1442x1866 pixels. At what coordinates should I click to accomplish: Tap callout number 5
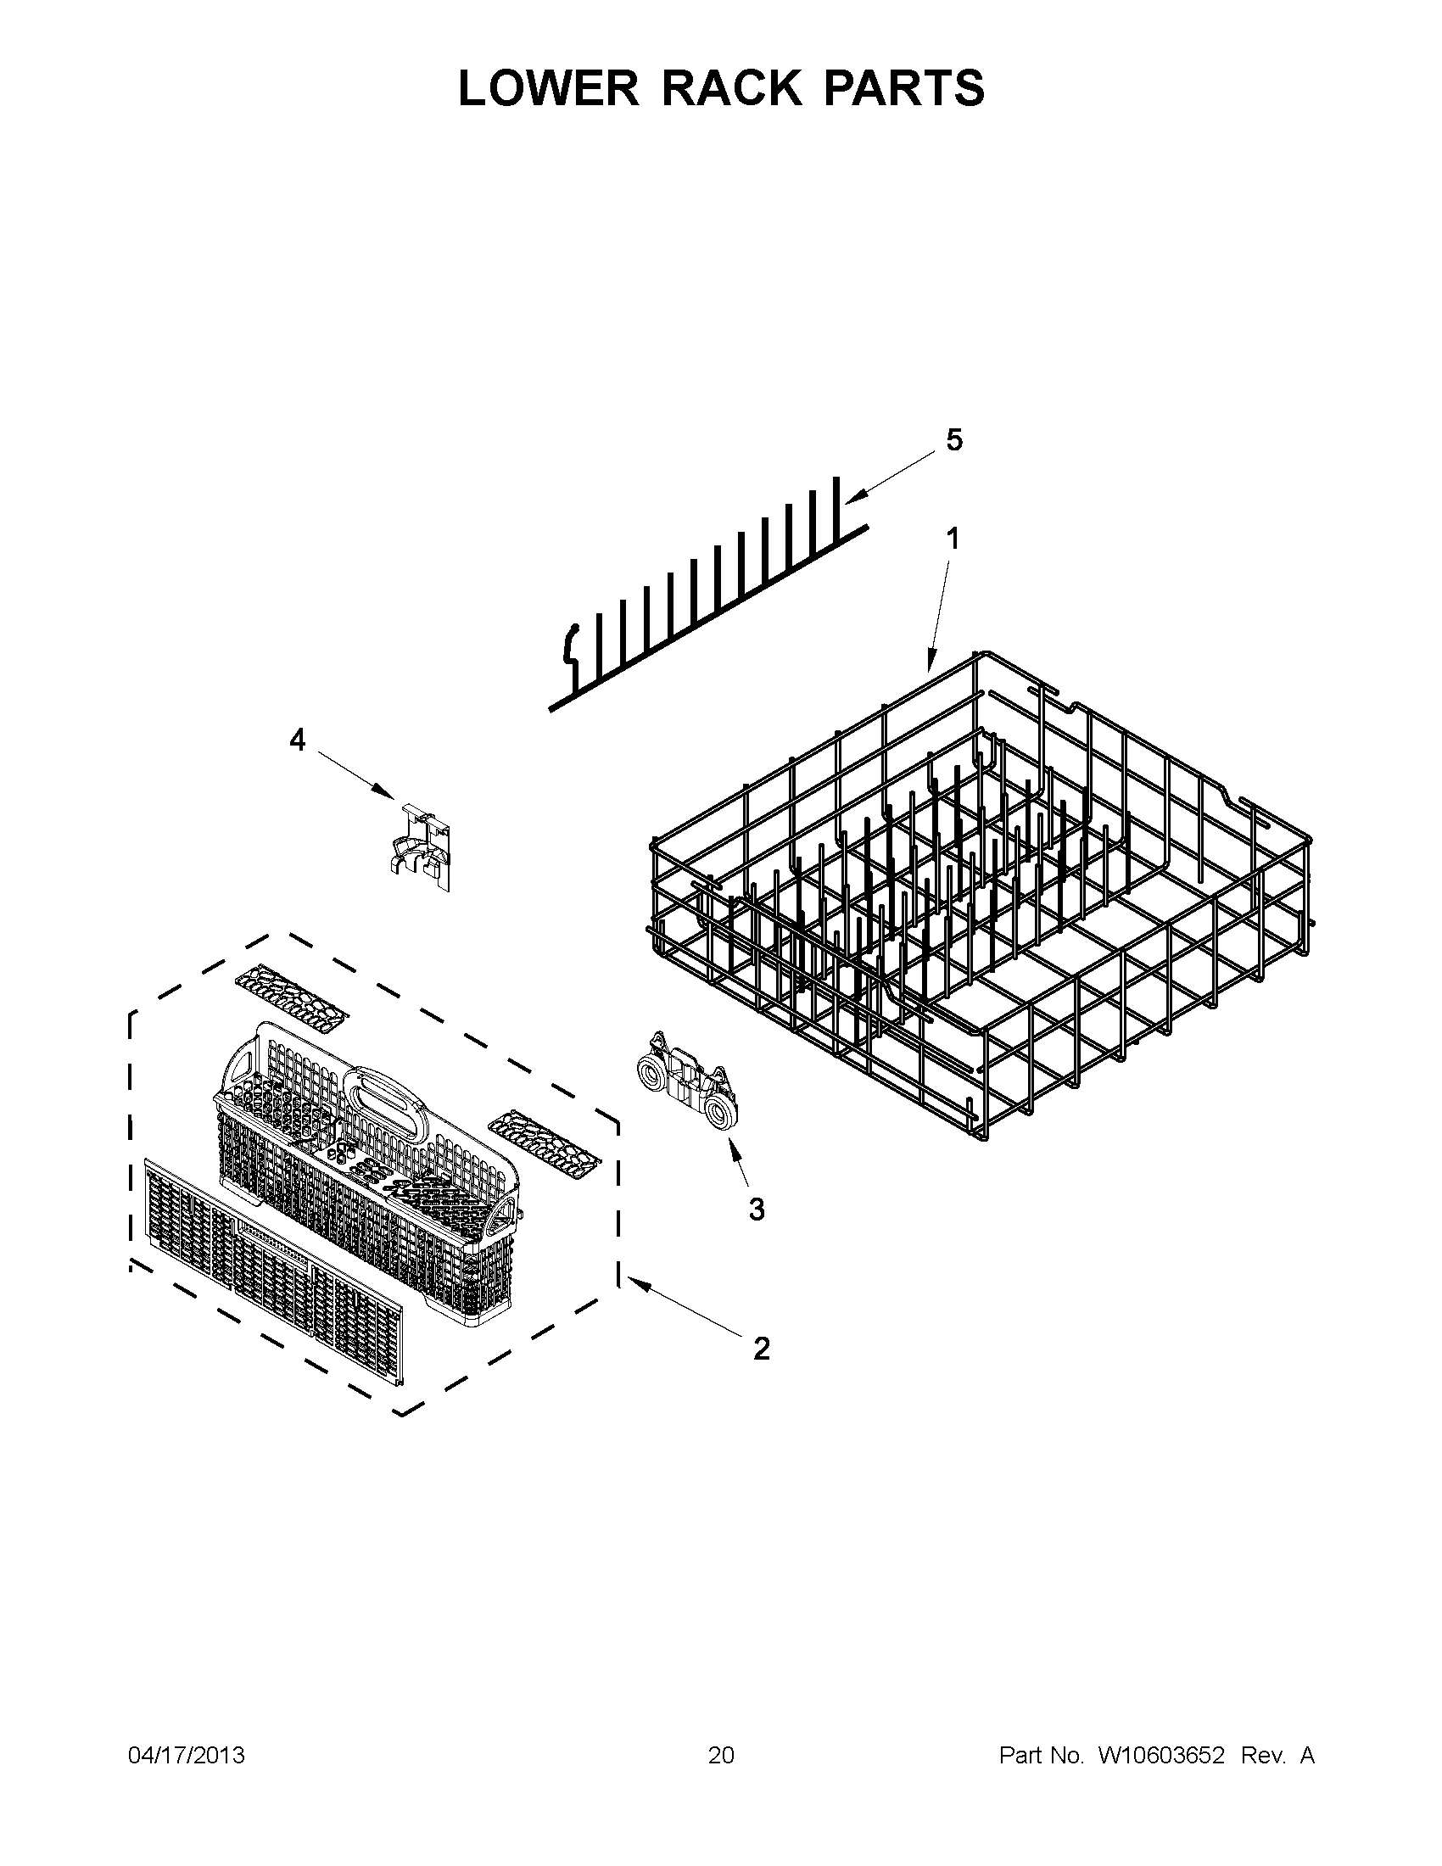click(954, 440)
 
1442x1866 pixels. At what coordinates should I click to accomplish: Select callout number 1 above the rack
click(952, 539)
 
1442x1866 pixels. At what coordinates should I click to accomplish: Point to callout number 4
click(296, 740)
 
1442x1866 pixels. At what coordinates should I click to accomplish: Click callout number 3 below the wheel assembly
click(756, 1209)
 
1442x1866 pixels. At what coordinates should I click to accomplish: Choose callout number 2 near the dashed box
click(760, 1349)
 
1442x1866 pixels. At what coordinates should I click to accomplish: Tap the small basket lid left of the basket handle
click(291, 996)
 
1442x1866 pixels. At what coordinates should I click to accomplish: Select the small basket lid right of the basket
click(545, 1137)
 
